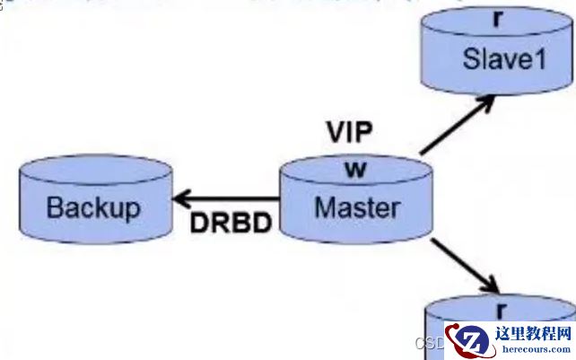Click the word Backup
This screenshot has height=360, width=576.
(x=93, y=208)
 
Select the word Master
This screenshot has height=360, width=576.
(x=357, y=207)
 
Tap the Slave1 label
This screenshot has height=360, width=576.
(x=498, y=60)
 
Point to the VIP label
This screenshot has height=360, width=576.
(x=348, y=133)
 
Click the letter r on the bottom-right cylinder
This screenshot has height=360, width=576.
(x=502, y=310)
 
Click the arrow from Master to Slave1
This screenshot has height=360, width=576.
(x=456, y=125)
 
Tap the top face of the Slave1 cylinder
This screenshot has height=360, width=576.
(x=498, y=23)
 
